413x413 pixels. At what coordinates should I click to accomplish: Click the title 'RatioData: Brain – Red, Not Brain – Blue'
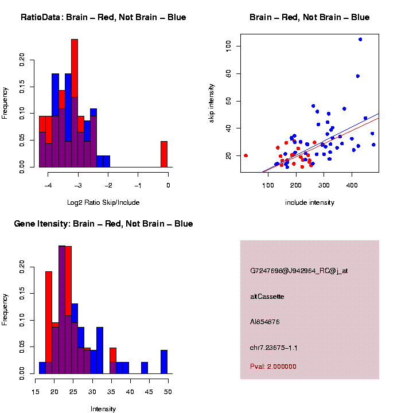pos(103,17)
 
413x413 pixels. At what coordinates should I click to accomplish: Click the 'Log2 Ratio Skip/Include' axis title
pos(103,202)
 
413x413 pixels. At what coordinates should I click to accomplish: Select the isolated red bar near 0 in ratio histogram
pos(164,154)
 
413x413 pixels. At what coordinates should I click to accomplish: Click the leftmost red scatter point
pos(246,155)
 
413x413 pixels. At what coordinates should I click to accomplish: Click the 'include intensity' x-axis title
pos(310,202)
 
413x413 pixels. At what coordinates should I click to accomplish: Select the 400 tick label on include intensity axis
pos(351,186)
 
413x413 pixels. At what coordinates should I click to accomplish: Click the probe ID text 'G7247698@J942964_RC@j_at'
pos(299,271)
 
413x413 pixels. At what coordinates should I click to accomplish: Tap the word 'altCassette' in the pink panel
pos(267,297)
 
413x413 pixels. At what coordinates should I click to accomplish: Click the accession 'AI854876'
pos(265,322)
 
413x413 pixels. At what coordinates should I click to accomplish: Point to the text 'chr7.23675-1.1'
pos(274,348)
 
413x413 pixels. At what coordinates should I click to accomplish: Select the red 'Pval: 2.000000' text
pos(273,367)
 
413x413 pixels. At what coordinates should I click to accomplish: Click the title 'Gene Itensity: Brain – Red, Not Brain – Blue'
pos(103,224)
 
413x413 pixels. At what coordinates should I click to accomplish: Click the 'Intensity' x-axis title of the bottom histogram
pos(103,409)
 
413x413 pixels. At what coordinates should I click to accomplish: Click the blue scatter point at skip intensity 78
pos(357,76)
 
